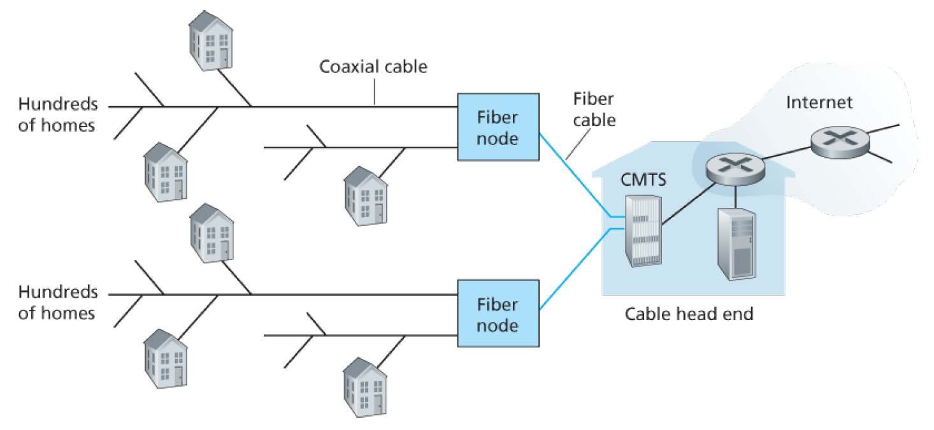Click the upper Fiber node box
[x=498, y=127]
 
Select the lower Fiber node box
[x=498, y=315]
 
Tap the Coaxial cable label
[x=373, y=66]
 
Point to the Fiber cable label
[x=594, y=109]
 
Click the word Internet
[x=819, y=102]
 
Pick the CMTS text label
[x=643, y=179]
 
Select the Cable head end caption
[x=689, y=314]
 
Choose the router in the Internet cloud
[x=840, y=143]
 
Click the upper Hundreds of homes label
[x=57, y=114]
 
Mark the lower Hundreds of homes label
[x=57, y=303]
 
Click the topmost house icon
[x=211, y=40]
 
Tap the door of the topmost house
[x=224, y=57]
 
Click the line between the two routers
[x=788, y=155]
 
